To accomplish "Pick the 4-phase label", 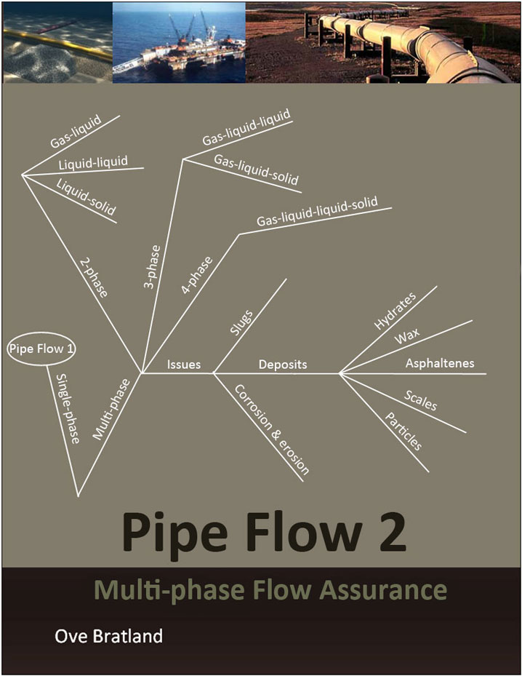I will click(196, 275).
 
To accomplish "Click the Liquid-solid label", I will click(86, 196).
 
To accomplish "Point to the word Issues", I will click(184, 365).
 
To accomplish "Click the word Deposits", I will click(283, 364).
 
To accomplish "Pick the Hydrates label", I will click(395, 312).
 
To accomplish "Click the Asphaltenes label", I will click(440, 363).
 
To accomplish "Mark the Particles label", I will click(403, 432).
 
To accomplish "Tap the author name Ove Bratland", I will click(109, 636).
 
